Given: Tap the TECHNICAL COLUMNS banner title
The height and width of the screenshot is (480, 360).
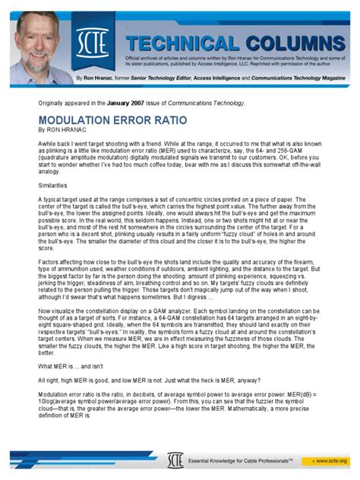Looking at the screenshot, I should coord(228,43).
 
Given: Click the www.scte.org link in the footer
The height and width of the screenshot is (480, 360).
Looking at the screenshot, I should coord(328,461).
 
